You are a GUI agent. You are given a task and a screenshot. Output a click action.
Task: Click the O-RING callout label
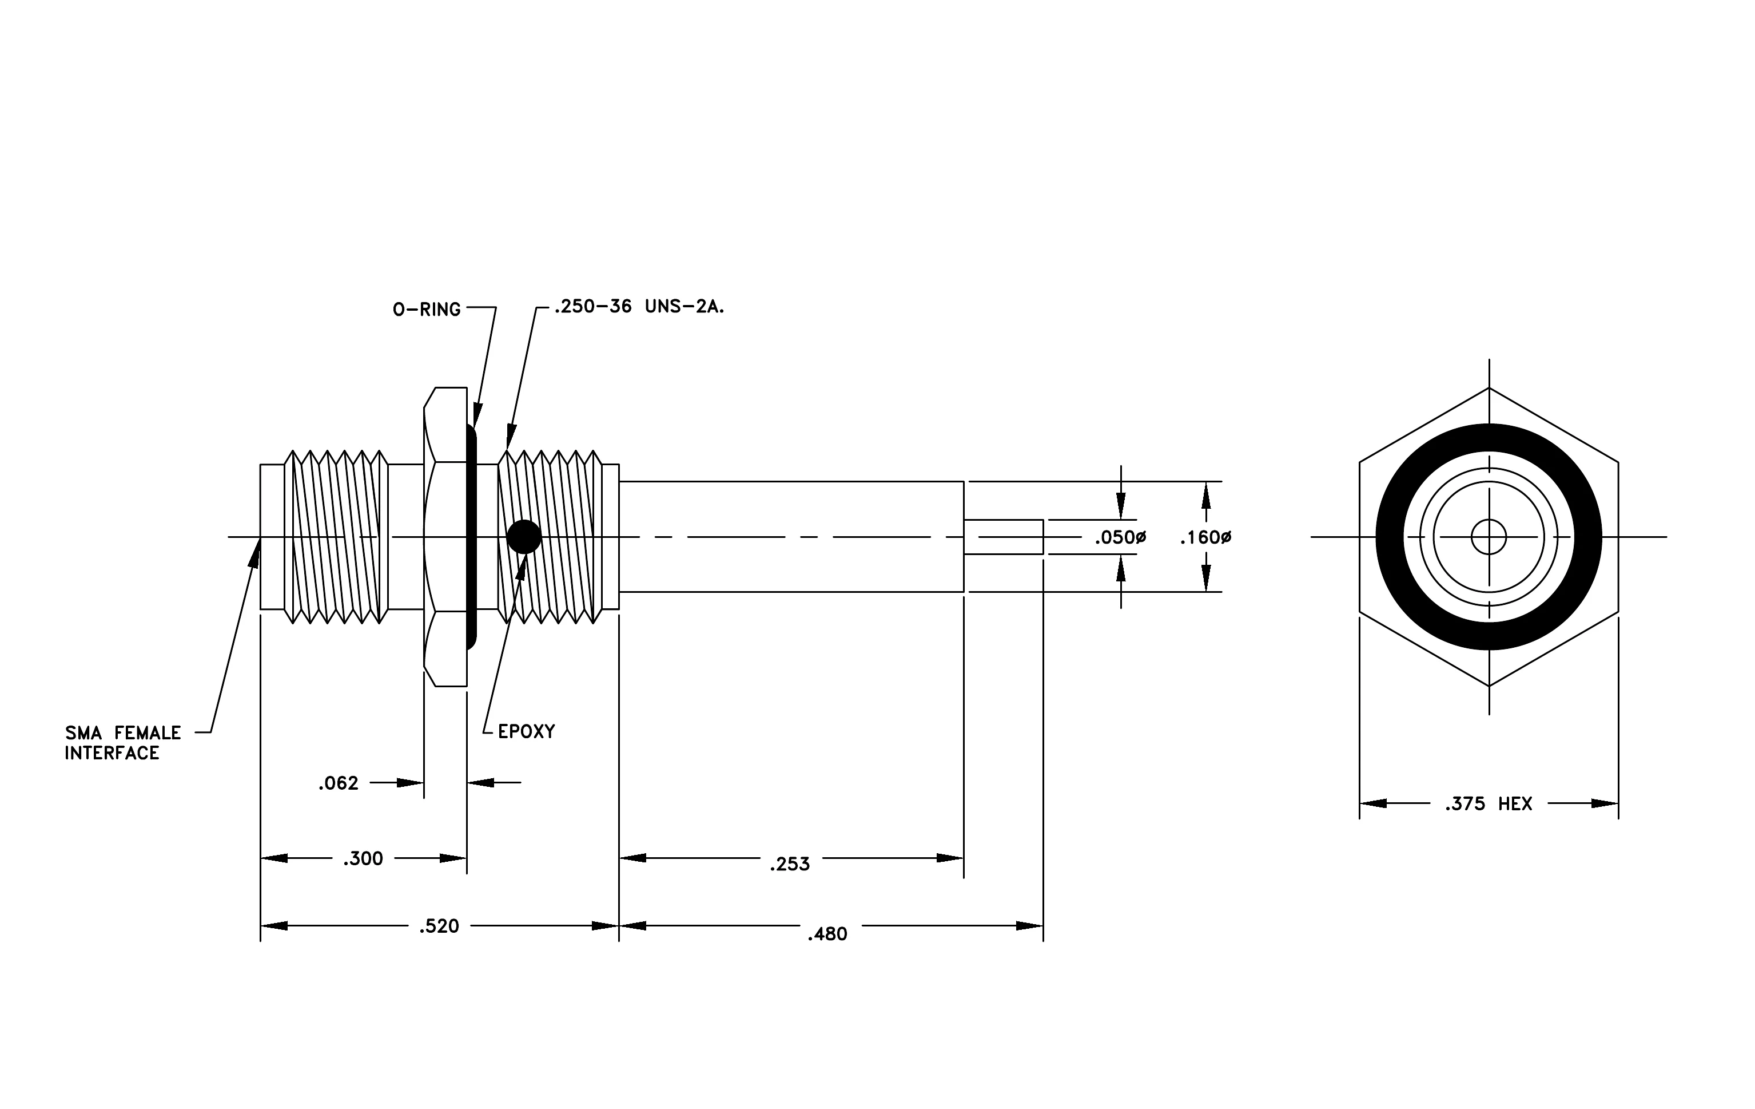427,310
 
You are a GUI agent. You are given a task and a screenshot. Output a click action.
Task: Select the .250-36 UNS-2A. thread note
639,307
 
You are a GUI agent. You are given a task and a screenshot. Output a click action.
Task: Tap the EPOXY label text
526,731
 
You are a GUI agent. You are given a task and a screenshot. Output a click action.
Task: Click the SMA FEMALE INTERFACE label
123,743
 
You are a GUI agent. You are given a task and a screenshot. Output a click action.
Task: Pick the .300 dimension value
363,859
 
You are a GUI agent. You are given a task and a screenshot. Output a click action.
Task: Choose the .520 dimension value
439,926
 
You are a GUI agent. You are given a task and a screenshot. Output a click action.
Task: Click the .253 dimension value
789,865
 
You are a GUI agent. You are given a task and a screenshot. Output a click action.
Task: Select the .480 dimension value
827,934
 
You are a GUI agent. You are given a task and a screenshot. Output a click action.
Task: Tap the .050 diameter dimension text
1120,538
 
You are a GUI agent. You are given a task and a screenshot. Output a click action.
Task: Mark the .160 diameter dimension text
1205,538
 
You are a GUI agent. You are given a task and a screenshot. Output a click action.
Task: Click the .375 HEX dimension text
1489,804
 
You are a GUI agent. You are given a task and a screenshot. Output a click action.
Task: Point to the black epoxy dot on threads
524,537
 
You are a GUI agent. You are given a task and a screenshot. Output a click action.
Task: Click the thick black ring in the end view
1489,437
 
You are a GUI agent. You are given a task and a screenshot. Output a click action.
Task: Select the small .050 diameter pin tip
1004,537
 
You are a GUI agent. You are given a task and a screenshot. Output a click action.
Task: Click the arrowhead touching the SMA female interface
255,553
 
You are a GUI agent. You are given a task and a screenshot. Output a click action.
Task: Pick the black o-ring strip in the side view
472,537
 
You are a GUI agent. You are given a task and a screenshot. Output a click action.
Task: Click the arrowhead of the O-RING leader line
477,415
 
